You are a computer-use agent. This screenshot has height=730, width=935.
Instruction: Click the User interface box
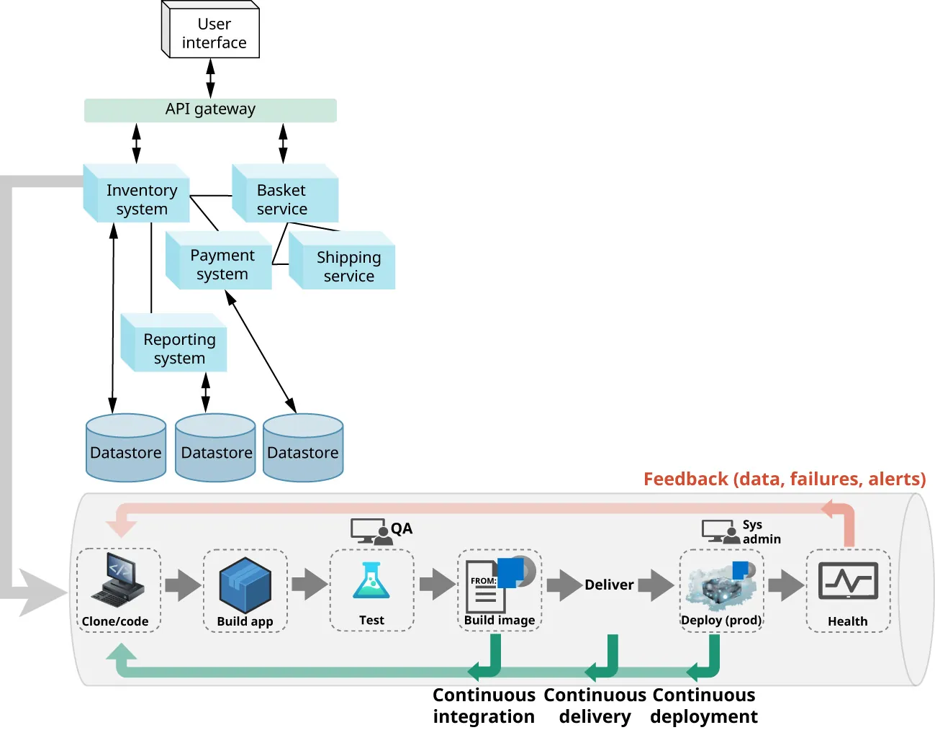pyautogui.click(x=213, y=33)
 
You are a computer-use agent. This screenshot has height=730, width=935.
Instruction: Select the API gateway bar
pyautogui.click(x=210, y=109)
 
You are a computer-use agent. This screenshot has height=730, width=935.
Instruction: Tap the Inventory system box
pyautogui.click(x=140, y=199)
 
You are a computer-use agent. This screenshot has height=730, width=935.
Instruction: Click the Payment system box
pyautogui.click(x=221, y=264)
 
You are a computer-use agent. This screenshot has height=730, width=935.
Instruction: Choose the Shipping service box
pyautogui.click(x=348, y=266)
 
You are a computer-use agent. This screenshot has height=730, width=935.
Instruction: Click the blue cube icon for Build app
pyautogui.click(x=245, y=584)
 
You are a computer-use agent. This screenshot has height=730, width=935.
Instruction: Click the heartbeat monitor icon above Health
pyautogui.click(x=848, y=582)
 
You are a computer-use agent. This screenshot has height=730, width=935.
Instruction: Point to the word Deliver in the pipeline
pyautogui.click(x=609, y=585)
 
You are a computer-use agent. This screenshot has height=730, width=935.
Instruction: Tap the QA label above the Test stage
pyautogui.click(x=402, y=528)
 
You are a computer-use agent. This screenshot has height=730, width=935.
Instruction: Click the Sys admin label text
pyautogui.click(x=761, y=531)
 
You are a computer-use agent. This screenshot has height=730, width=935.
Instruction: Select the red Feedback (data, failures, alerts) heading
pyautogui.click(x=784, y=479)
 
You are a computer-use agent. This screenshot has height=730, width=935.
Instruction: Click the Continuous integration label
pyautogui.click(x=484, y=706)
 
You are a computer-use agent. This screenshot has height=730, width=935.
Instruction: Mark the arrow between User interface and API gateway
pyautogui.click(x=210, y=78)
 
